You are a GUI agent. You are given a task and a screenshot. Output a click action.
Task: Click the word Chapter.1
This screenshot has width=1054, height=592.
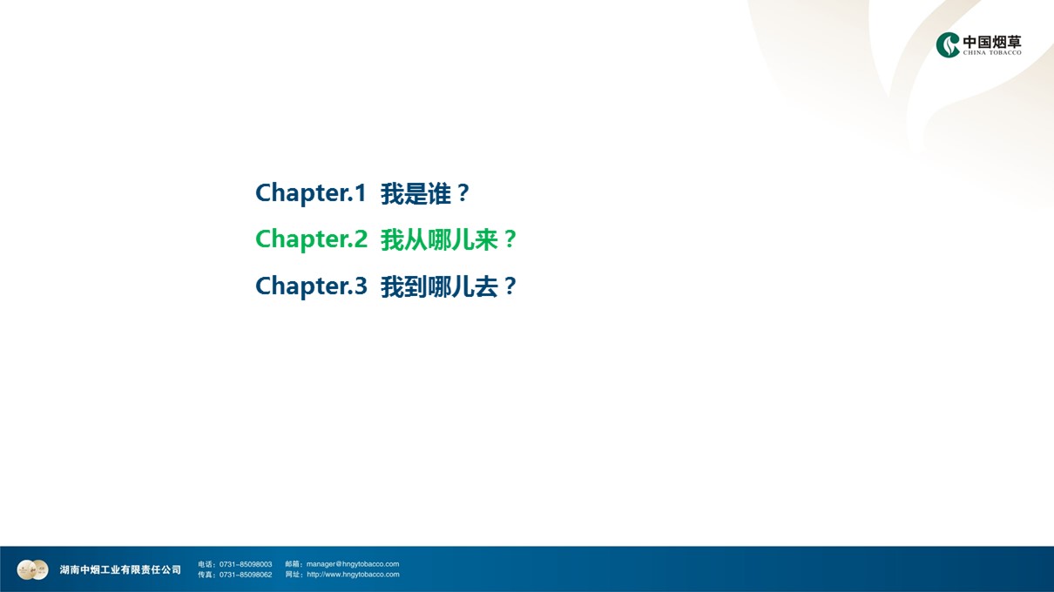(311, 193)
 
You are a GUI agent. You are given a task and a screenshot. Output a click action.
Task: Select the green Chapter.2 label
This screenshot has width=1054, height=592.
(311, 239)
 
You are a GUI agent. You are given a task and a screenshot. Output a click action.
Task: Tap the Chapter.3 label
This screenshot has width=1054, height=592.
(311, 286)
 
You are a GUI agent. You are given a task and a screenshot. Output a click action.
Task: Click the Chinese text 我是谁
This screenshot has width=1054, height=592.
(416, 193)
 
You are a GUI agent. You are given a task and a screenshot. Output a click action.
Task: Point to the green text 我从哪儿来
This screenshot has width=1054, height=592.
(439, 239)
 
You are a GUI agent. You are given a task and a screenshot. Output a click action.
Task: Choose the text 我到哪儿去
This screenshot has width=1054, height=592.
(439, 286)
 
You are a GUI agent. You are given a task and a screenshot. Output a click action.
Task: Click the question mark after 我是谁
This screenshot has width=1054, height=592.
(463, 193)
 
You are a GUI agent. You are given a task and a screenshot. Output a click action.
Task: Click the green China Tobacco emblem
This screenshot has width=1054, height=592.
(947, 44)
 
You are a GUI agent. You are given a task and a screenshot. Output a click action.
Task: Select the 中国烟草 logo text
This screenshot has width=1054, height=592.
(992, 42)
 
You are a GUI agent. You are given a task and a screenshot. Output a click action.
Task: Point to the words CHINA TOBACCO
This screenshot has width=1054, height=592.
(992, 52)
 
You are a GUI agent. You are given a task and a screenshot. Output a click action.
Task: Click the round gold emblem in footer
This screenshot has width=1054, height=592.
(32, 569)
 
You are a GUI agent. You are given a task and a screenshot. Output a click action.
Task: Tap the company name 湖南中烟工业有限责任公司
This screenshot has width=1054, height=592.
(120, 569)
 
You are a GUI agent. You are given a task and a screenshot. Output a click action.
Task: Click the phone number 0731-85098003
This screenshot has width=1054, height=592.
(246, 564)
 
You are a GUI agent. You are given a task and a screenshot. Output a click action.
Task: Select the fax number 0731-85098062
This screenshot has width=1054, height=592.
(246, 575)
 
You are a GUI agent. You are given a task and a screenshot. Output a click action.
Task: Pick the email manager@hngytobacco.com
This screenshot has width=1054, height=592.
(353, 564)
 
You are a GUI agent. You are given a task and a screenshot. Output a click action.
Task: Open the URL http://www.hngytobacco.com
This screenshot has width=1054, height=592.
(353, 574)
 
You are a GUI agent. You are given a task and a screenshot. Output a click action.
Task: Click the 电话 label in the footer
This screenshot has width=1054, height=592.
(206, 564)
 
